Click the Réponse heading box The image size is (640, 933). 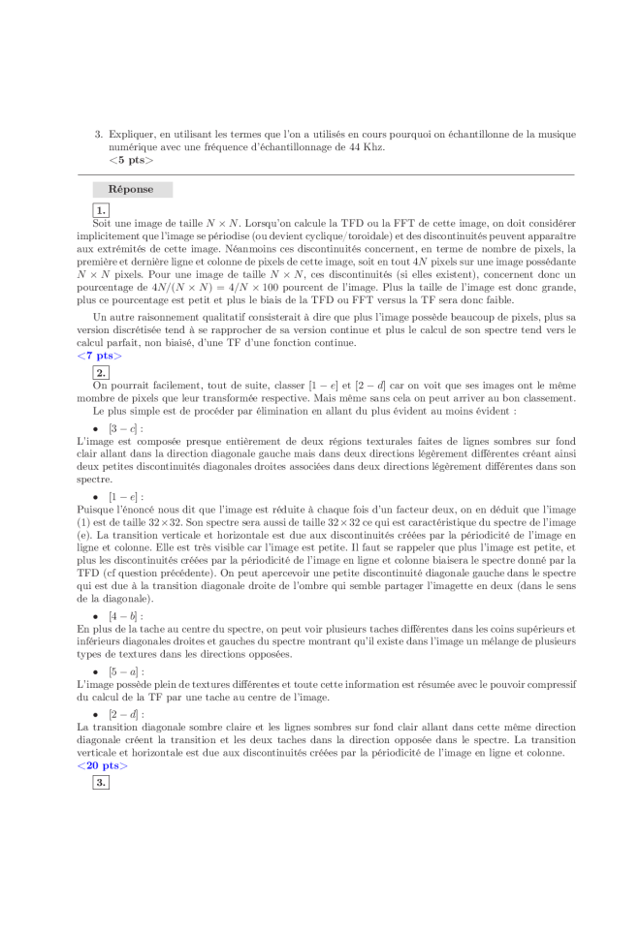133,190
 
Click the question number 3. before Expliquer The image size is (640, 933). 99,134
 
